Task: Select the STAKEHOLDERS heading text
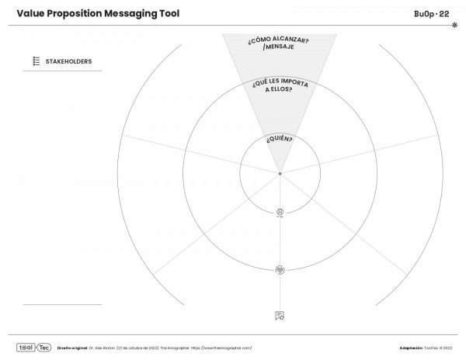tap(69, 61)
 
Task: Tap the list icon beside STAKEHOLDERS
tap(36, 61)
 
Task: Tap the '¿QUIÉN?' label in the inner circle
tap(280, 140)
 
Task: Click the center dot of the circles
tap(280, 173)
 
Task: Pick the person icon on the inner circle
tap(280, 212)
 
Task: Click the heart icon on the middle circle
tap(280, 269)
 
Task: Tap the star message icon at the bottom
tap(280, 315)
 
